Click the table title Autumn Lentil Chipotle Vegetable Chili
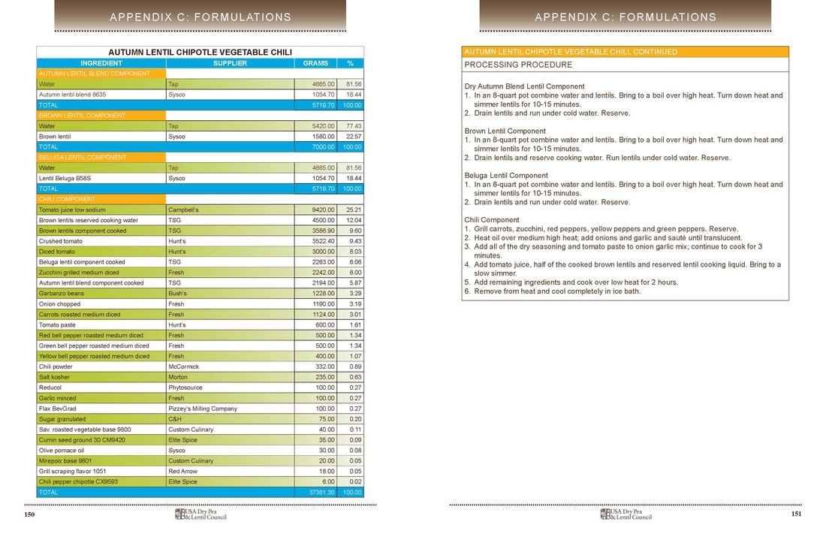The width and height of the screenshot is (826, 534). tap(200, 53)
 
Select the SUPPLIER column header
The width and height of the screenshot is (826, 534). tap(230, 63)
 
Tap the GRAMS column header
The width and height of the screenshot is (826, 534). tap(315, 63)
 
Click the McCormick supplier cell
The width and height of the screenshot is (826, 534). tap(184, 367)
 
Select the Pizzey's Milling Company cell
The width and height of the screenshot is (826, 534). tap(203, 409)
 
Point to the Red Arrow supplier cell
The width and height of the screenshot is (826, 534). tap(182, 471)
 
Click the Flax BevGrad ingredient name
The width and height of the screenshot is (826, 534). tap(58, 409)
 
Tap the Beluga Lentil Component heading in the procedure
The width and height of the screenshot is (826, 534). tap(505, 175)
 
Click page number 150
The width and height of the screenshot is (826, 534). tap(30, 514)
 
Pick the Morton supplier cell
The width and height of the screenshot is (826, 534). tap(178, 377)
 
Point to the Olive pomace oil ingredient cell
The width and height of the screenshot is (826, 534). tap(62, 451)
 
